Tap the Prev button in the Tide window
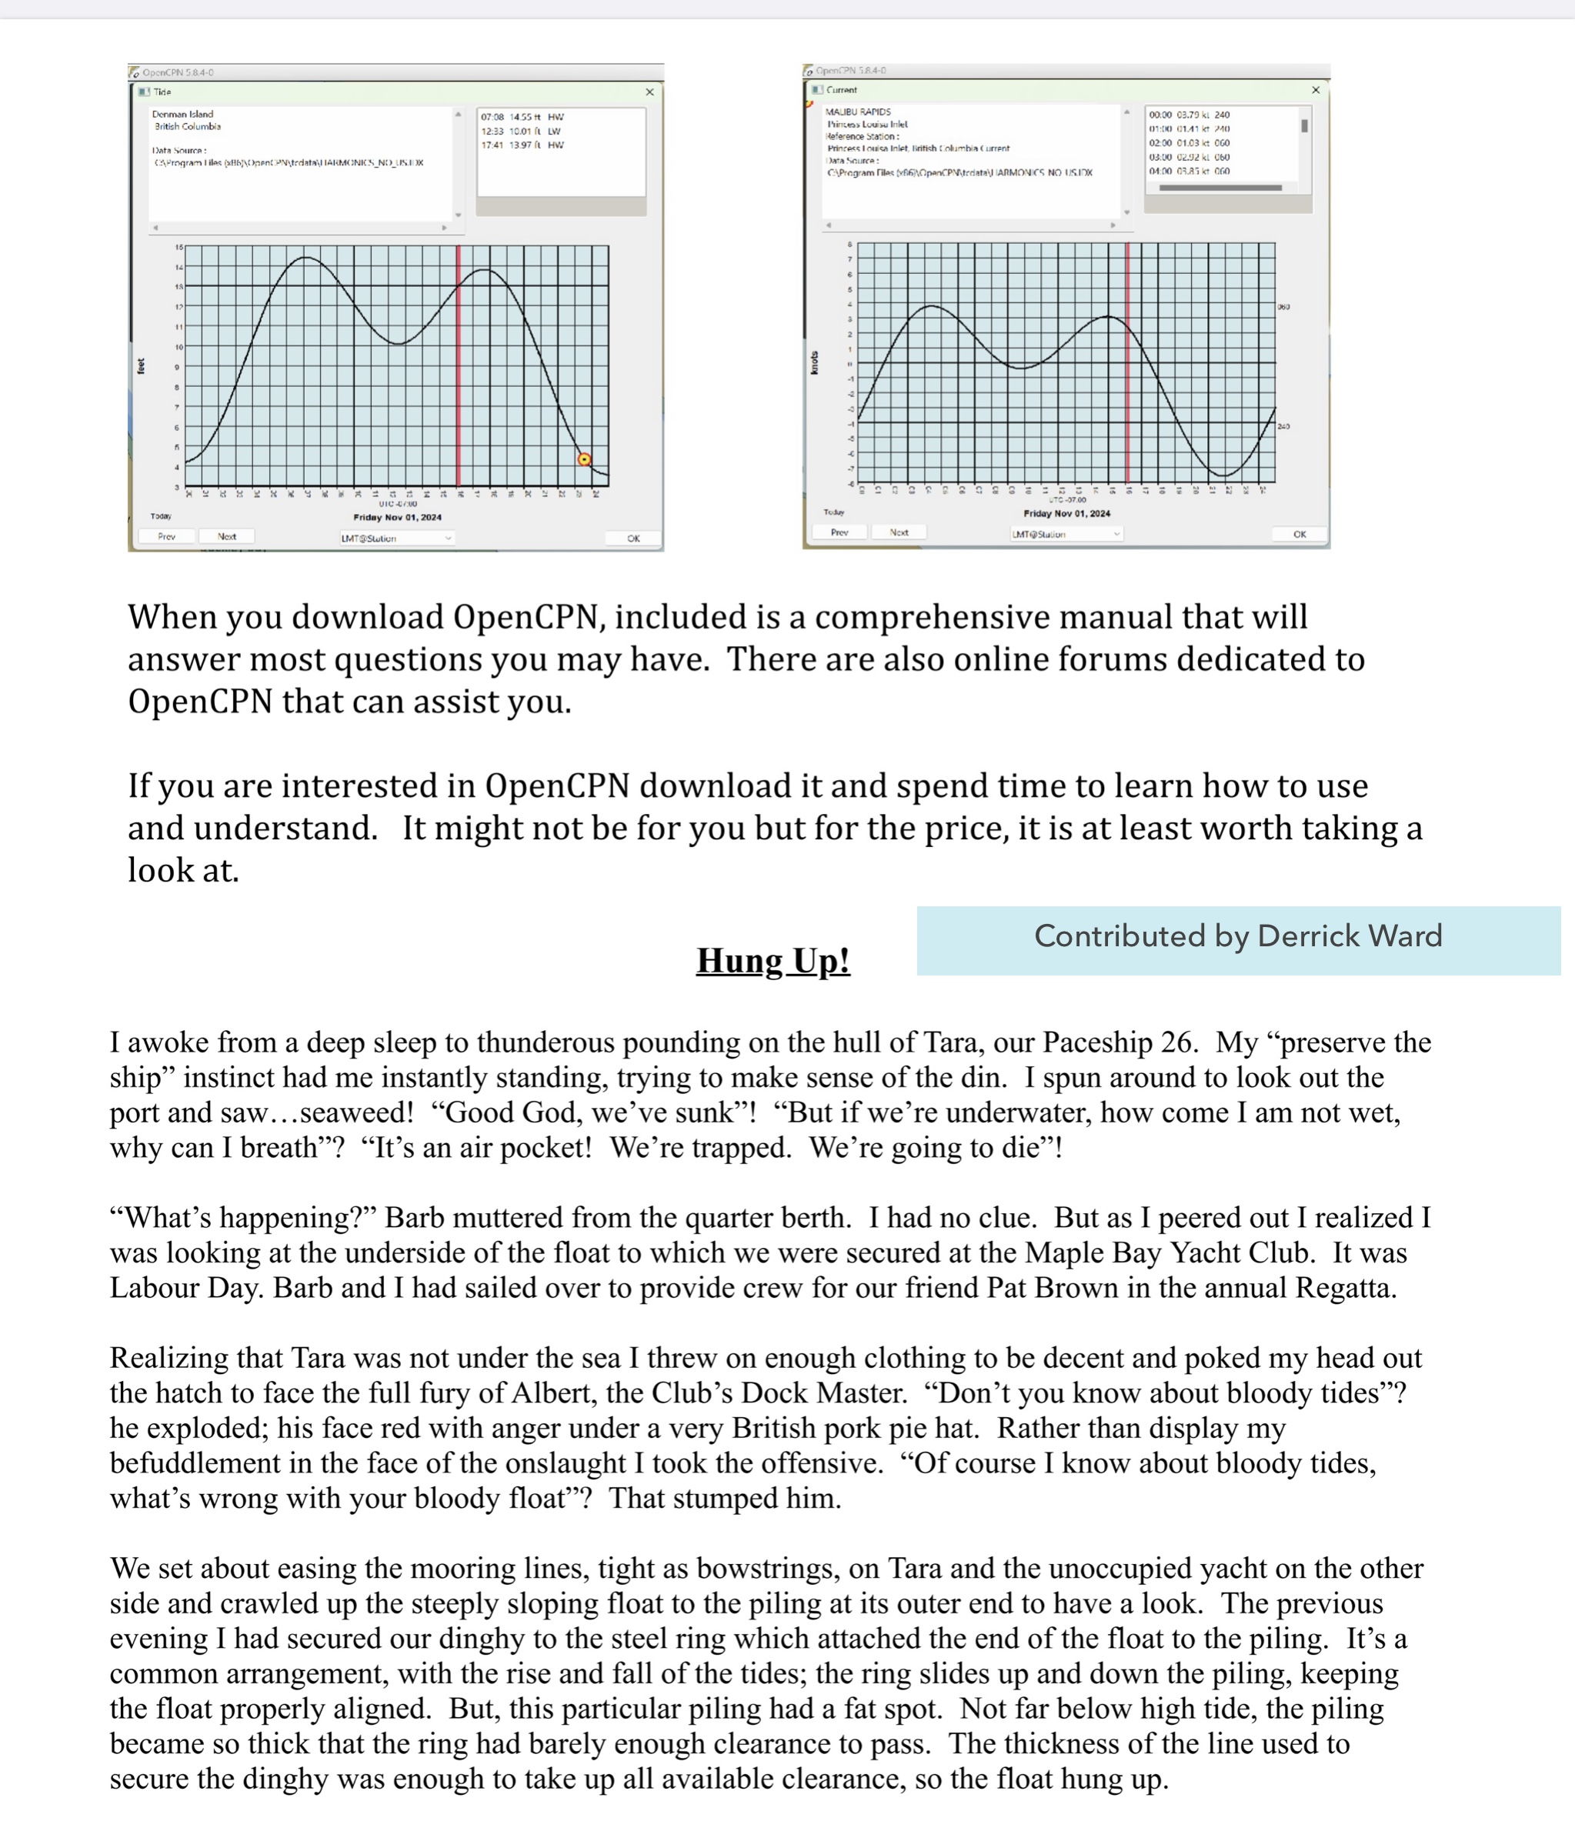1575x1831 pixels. [x=166, y=536]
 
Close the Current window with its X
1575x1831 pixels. [x=1315, y=90]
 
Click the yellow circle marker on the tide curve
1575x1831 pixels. [x=583, y=459]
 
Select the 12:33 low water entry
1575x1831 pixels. [x=522, y=131]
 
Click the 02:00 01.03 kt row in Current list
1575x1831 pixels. [x=1188, y=142]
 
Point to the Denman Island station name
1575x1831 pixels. [x=182, y=114]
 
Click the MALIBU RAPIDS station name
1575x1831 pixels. [x=857, y=112]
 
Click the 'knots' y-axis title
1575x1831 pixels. [x=814, y=362]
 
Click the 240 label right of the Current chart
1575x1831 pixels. [x=1283, y=427]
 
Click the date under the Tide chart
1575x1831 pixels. [x=397, y=517]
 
